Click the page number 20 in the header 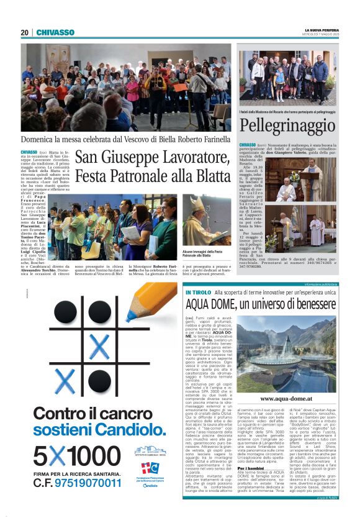click(24, 32)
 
